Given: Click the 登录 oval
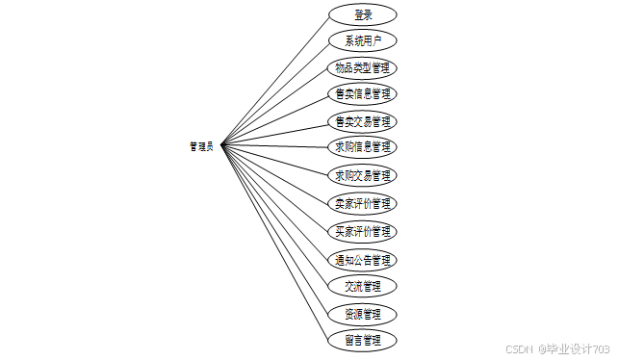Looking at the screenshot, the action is [x=363, y=15].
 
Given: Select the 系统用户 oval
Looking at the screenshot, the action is [x=363, y=40].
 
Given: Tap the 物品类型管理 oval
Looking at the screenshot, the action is [x=362, y=68].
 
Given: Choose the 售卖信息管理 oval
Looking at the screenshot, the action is [x=363, y=93].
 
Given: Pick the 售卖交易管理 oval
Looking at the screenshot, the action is [x=363, y=121].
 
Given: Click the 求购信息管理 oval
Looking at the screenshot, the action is [x=363, y=147].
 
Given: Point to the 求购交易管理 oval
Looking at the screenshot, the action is [x=363, y=175].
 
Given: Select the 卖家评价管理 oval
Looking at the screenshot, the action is [x=363, y=203].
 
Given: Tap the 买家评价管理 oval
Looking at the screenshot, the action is [x=363, y=231].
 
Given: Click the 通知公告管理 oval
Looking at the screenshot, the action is [x=363, y=260].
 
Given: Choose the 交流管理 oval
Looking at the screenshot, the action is [x=363, y=286].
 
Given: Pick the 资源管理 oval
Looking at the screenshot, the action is [x=363, y=315].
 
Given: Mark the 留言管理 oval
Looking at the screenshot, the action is [x=363, y=341].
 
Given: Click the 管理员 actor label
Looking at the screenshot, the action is [x=201, y=146].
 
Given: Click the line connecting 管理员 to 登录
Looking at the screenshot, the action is [x=274, y=82].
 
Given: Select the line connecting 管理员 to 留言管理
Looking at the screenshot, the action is [x=274, y=243].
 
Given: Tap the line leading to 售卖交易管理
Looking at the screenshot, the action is [x=274, y=136].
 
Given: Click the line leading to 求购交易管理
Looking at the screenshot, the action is [x=274, y=160].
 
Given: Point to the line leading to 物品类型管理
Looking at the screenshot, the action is [x=274, y=108].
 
